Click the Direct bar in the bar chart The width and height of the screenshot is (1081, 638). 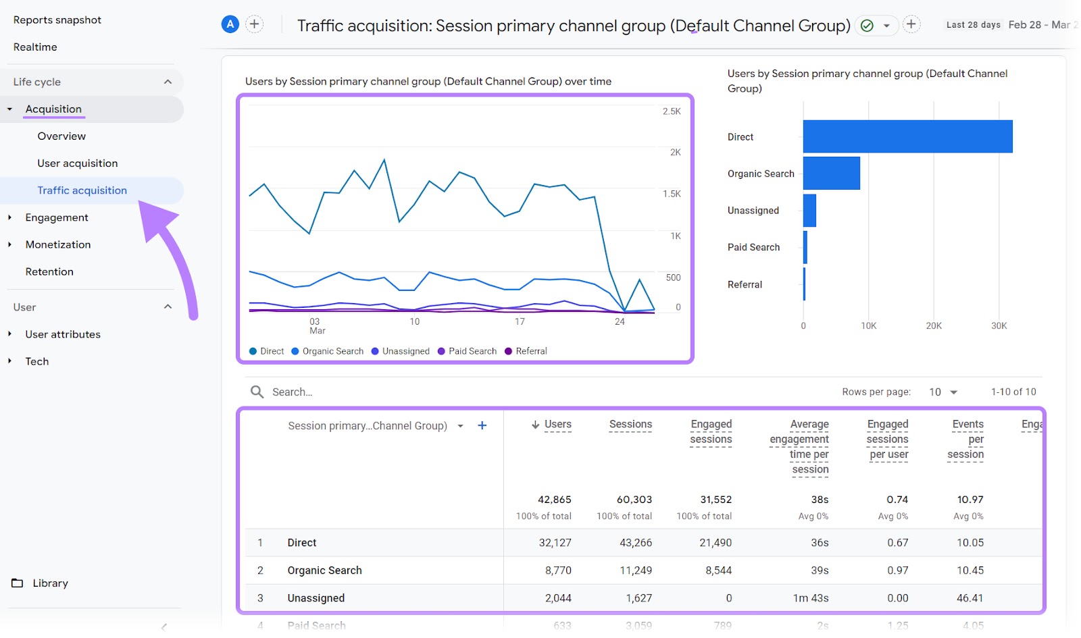pos(907,136)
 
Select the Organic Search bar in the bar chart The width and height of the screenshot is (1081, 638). pos(831,174)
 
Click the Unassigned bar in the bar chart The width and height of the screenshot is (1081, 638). pos(809,211)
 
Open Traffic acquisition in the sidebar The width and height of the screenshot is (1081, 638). pos(82,190)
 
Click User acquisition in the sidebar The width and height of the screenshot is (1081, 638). pos(77,163)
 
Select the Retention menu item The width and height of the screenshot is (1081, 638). pos(49,271)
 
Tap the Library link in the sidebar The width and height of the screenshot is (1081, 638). pos(50,583)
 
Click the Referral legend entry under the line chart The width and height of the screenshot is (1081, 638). pos(530,351)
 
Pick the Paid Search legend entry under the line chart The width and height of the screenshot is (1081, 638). pos(472,351)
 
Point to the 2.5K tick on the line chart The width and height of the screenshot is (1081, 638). pos(671,111)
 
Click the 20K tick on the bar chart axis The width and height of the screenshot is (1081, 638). pos(933,326)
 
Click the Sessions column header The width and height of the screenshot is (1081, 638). pos(630,425)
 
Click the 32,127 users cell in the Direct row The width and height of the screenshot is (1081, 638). pos(555,543)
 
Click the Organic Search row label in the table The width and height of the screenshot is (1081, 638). pos(324,570)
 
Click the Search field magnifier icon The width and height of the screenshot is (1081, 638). pos(257,392)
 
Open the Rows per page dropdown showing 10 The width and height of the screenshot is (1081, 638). pos(943,392)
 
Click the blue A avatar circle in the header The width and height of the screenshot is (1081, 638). pos(230,24)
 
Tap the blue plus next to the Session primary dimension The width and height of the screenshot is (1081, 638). pos(482,425)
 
